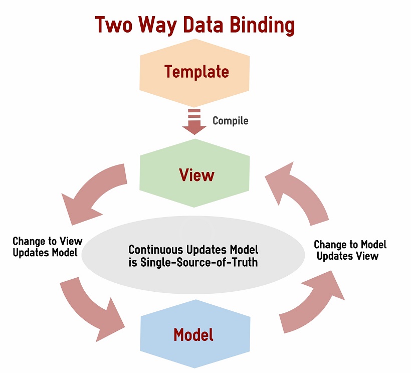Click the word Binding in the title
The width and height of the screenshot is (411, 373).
coord(262,26)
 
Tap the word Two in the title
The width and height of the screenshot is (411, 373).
coord(113,25)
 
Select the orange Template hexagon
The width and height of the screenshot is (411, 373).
coord(194,73)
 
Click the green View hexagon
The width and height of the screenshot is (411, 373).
coord(194,173)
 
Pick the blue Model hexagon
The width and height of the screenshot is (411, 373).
coord(195,334)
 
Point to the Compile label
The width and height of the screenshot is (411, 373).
coord(231,121)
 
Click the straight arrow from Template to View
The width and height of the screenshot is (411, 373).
coord(194,122)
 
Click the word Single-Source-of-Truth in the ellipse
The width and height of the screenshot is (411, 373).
coord(199,262)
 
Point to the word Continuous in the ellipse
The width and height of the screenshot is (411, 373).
coord(156,249)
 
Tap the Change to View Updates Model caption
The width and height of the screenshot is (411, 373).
coord(48,247)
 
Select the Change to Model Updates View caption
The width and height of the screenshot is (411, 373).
coord(350,250)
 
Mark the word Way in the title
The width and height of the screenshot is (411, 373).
coord(157,26)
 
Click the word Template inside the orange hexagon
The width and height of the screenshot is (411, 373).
coord(196,72)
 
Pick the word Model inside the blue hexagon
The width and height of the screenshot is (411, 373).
coord(193,334)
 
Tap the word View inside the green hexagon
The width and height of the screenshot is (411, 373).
coord(196,175)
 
